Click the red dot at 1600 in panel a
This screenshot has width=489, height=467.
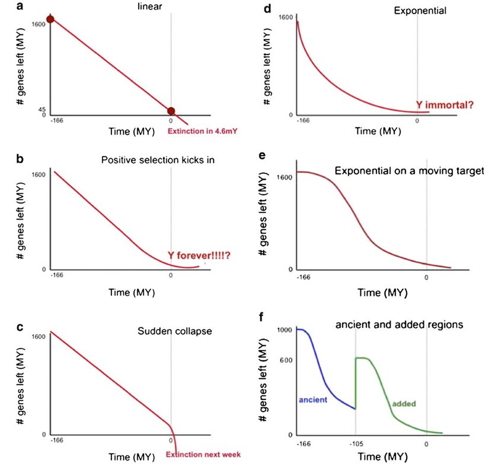(x=50, y=20)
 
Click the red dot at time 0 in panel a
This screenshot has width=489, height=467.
(x=171, y=111)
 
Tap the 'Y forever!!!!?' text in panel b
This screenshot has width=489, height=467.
(x=199, y=255)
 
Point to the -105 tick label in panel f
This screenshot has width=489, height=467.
(x=355, y=443)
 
